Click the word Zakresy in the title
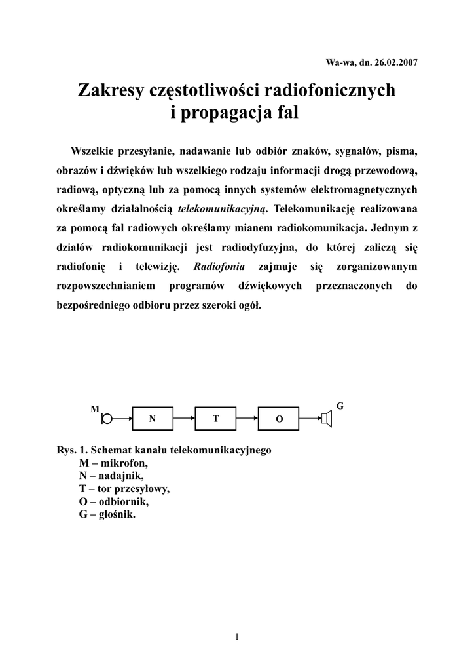[x=110, y=90]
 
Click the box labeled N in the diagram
[x=153, y=418]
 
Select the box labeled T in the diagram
[x=215, y=418]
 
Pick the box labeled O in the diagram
[x=278, y=418]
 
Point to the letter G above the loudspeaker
[x=340, y=406]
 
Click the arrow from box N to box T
[x=184, y=417]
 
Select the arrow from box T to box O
[x=247, y=417]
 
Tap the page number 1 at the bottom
[x=237, y=636]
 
